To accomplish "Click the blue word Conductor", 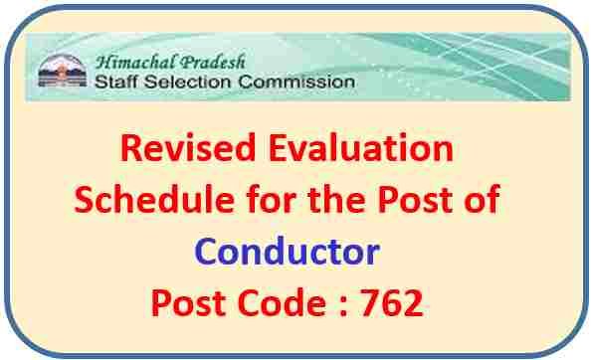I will (287, 252).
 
